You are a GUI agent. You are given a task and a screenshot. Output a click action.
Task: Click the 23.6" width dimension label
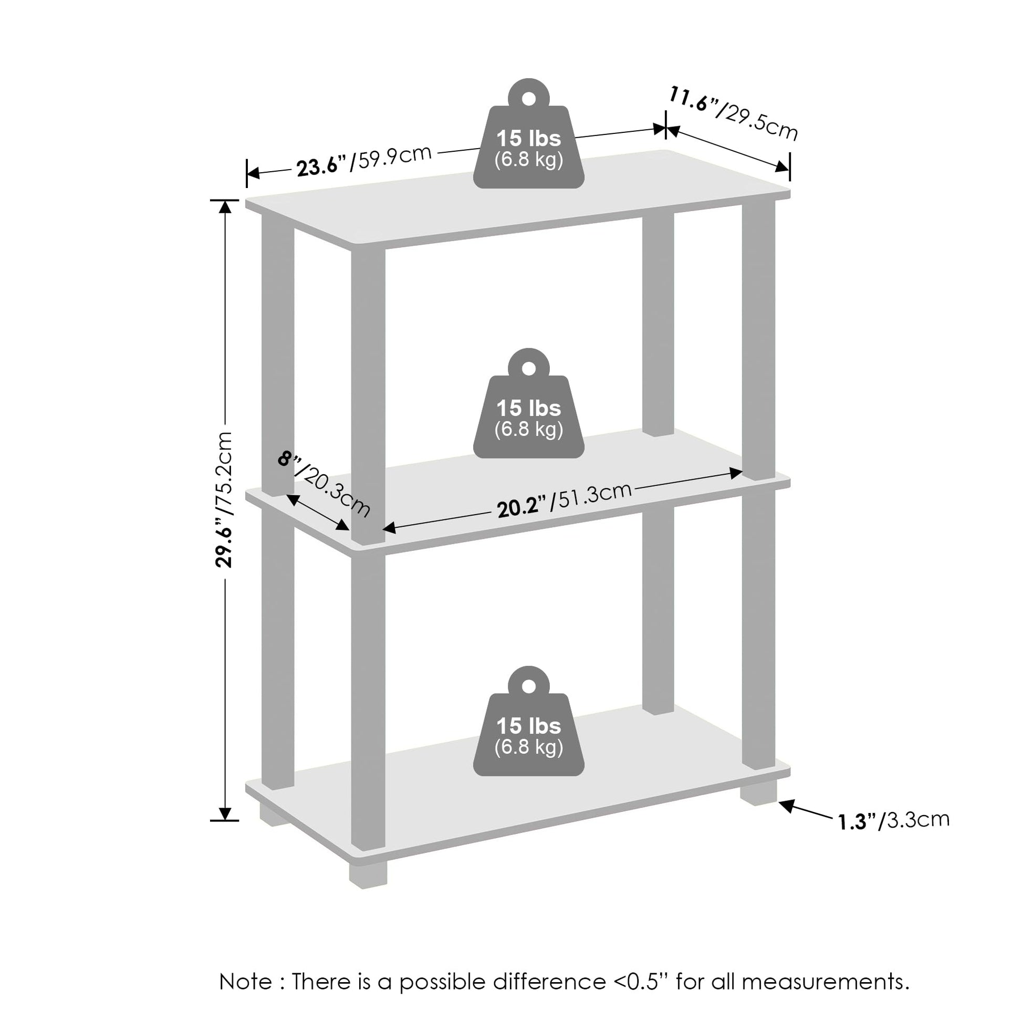coord(364,161)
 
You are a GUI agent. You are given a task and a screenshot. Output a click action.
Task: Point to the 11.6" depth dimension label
coord(733,114)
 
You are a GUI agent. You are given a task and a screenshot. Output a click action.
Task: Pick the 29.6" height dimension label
coord(224,499)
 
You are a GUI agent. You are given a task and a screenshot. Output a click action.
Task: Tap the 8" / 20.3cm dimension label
coord(324,484)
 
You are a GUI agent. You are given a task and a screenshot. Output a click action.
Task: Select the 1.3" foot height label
coord(894,820)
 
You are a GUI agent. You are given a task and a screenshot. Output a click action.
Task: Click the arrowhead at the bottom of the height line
coord(225,814)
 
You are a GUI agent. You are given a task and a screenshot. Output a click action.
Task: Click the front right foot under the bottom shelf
coord(758,793)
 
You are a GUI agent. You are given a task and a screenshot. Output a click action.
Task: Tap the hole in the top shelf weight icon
coord(528,98)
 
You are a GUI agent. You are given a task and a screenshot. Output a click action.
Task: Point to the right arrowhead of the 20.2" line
coord(736,472)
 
